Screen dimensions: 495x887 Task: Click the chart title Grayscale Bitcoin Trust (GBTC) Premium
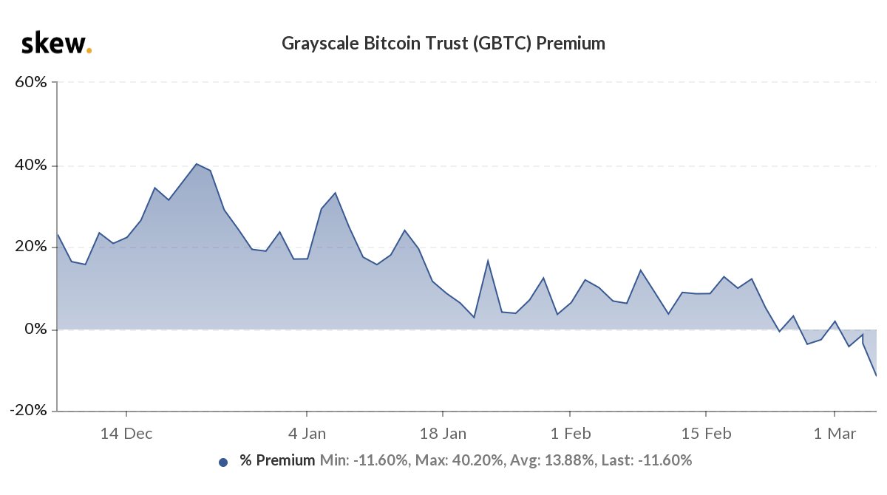(443, 44)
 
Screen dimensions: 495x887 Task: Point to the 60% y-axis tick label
(32, 83)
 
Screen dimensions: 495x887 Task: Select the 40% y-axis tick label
(32, 165)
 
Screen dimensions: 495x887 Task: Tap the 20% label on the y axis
(32, 247)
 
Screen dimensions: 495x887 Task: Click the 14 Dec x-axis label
(126, 434)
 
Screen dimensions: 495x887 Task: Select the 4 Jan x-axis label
(306, 434)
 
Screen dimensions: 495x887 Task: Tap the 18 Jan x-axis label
(442, 434)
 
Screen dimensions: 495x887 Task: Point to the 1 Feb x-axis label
(570, 434)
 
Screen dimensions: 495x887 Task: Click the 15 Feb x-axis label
(706, 434)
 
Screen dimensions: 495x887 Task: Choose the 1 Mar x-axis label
(835, 434)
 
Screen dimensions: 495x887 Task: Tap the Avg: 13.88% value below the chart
(550, 461)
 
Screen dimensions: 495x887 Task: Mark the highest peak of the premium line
(196, 164)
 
